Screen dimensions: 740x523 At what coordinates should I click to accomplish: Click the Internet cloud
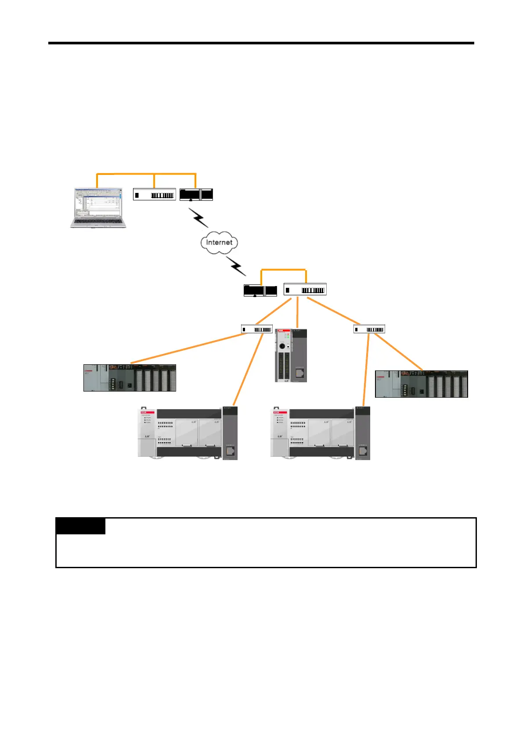point(219,243)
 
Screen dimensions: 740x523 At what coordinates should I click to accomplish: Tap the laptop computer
point(97,208)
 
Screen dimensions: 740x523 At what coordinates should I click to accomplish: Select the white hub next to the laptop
point(155,195)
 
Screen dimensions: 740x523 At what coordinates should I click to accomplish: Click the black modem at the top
point(196,195)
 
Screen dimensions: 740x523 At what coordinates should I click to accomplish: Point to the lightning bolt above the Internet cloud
point(198,218)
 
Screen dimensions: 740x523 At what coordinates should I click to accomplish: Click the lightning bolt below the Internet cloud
point(236,266)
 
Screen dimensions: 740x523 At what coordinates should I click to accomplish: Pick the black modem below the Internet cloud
point(260,291)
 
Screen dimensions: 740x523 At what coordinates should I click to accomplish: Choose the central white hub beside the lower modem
point(305,290)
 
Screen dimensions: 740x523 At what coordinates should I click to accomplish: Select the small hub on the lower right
point(369,329)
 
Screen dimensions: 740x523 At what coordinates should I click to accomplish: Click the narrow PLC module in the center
point(291,355)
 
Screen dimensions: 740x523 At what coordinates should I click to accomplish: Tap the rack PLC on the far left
point(130,378)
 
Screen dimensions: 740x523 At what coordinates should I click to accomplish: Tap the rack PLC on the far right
point(422,384)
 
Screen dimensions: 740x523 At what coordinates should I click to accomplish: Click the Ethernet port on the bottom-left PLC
point(230,450)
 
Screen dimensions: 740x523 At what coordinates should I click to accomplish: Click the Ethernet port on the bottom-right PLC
point(363,450)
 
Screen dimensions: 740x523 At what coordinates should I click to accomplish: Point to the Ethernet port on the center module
point(299,373)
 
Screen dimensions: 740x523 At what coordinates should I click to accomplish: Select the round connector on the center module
point(282,346)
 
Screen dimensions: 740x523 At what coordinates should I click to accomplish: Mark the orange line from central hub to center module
point(298,312)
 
